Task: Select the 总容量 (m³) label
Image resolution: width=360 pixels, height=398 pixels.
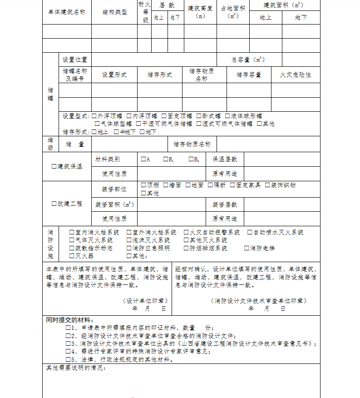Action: coord(248,60)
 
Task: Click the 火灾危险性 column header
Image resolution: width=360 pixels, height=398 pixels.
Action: coord(296,75)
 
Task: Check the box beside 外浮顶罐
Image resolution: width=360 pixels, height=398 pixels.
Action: coord(94,116)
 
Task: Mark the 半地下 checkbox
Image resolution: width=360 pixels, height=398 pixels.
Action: coord(116,132)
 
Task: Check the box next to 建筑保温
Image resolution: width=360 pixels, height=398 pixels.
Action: coord(54,166)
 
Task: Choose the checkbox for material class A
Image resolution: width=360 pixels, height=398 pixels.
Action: coord(143,159)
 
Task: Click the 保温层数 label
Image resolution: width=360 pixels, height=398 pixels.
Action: coord(225,159)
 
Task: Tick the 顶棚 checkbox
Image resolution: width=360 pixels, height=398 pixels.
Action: coord(143,185)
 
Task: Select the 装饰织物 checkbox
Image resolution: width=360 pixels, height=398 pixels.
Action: coord(268,185)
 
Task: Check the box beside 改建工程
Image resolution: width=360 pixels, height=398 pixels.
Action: coord(54,204)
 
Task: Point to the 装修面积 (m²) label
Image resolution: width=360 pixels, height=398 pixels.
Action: coord(114,205)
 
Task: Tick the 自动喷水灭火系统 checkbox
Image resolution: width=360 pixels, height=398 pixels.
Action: coord(250,233)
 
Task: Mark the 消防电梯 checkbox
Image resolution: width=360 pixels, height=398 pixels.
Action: coord(247,249)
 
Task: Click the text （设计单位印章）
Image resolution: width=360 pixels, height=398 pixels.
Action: coord(145,301)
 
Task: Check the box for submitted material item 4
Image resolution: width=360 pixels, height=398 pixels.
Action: coord(68,351)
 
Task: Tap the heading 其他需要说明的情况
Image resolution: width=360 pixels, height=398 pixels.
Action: coord(76,367)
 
